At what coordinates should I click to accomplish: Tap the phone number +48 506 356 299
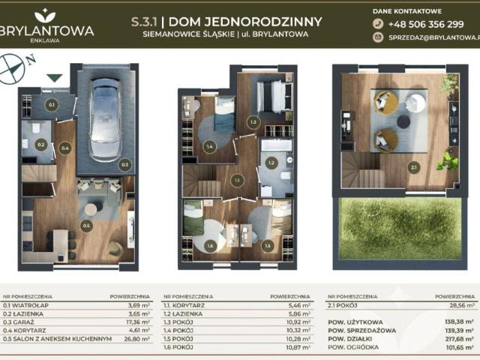(426, 23)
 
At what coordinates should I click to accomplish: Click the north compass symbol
(13, 68)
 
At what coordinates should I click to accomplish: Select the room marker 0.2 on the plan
(41, 142)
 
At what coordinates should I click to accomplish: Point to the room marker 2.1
(414, 168)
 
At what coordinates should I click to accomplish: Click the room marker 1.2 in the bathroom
(271, 161)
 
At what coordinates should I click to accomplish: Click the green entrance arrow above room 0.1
(53, 77)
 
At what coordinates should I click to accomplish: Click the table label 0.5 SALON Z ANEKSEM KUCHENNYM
(58, 338)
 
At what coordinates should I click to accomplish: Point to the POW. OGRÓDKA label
(353, 347)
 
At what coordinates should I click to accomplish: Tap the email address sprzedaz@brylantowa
(432, 37)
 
